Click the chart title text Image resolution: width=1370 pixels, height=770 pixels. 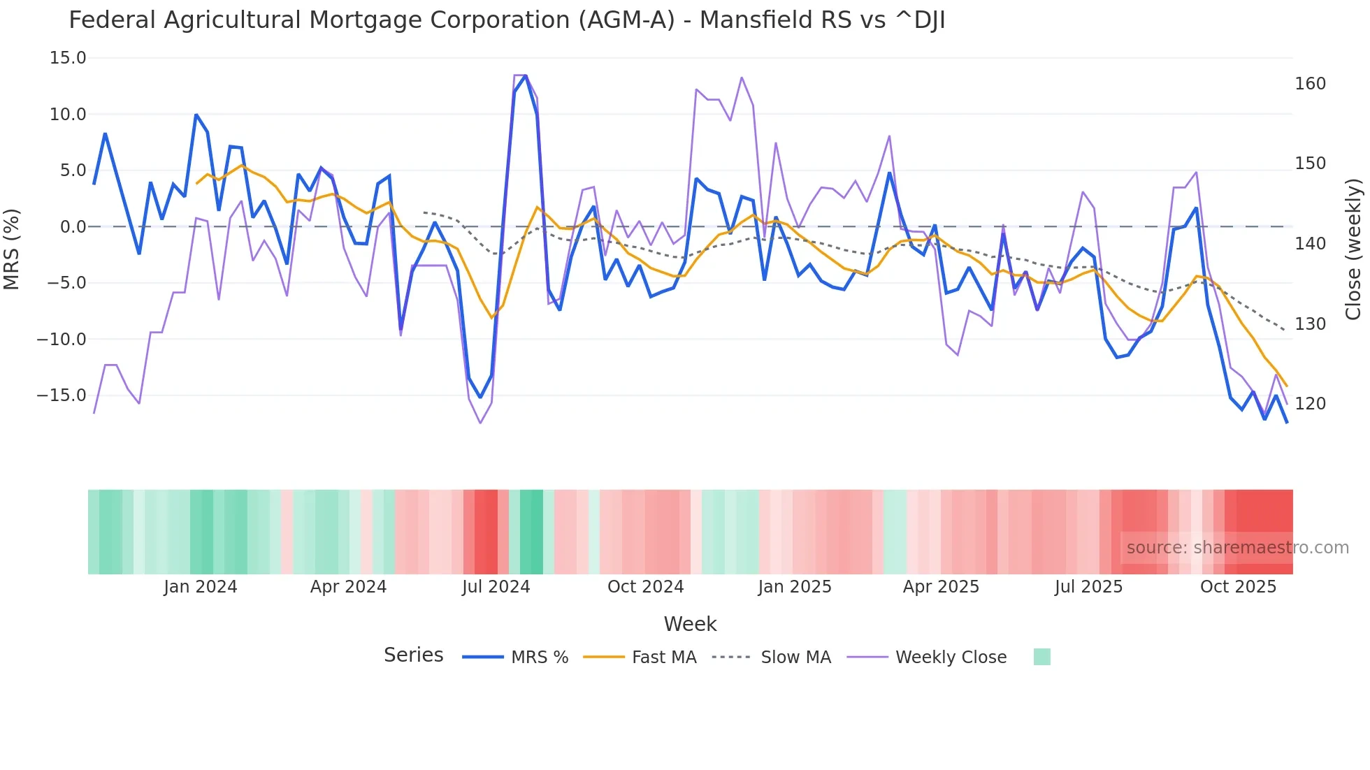507,20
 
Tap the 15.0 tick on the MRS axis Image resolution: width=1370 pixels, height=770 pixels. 68,58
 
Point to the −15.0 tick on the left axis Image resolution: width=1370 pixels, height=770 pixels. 62,395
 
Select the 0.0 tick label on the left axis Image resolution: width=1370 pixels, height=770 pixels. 73,226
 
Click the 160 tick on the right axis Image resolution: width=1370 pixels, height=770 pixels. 1310,84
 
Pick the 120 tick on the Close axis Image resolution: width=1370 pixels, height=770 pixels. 1310,404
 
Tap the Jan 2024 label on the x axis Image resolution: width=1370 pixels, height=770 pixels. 201,587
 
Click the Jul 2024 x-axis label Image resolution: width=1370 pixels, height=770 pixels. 496,587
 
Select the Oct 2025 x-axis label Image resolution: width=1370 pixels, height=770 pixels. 1238,587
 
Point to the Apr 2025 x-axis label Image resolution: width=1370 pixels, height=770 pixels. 941,587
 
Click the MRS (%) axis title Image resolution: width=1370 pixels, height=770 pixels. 12,249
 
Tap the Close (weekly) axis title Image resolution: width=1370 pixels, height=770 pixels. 1353,249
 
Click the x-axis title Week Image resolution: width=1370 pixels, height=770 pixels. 690,624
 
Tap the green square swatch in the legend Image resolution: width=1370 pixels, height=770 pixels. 1041,657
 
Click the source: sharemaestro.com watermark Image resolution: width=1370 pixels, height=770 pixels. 1237,548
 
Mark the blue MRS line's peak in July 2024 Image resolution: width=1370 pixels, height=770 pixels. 526,75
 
